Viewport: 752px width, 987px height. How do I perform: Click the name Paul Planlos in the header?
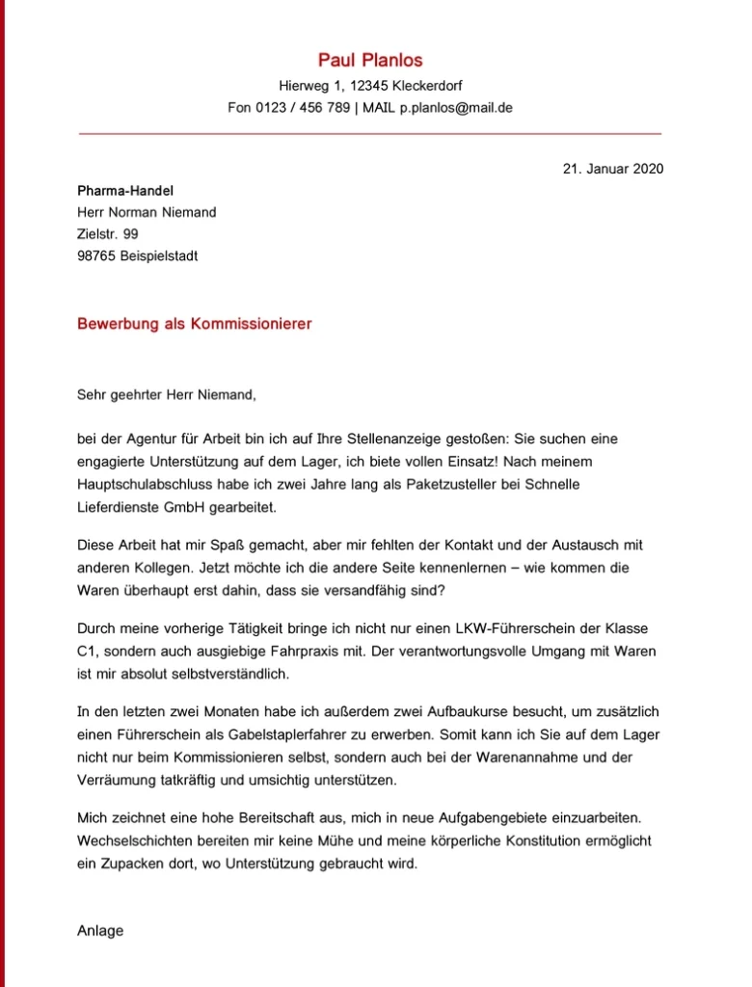pyautogui.click(x=370, y=61)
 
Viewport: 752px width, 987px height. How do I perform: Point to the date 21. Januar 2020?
pyautogui.click(x=613, y=169)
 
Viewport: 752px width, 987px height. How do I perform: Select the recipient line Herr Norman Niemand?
pyautogui.click(x=147, y=212)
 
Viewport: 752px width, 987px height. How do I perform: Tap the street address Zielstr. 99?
pyautogui.click(x=108, y=234)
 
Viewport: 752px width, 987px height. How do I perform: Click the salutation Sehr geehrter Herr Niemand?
pyautogui.click(x=167, y=393)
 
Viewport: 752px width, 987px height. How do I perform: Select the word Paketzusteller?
pyautogui.click(x=359, y=484)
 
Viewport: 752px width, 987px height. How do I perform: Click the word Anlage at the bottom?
pyautogui.click(x=100, y=931)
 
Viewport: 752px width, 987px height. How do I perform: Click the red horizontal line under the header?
pyautogui.click(x=370, y=133)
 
